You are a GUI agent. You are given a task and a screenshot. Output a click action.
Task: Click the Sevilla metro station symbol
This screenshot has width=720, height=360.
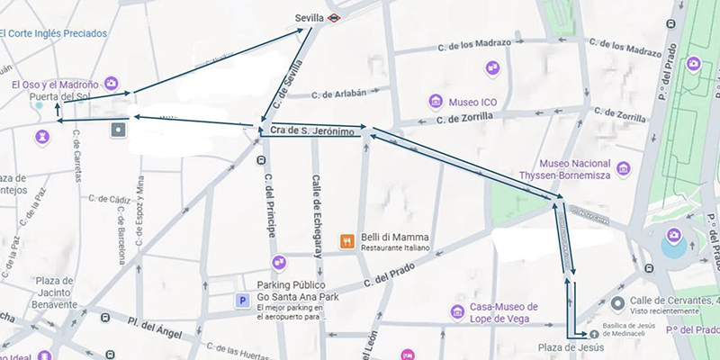click(x=334, y=17)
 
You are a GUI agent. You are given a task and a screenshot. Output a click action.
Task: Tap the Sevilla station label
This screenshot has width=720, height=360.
click(x=309, y=17)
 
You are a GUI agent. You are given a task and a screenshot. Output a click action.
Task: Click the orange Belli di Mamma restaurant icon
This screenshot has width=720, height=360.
click(x=346, y=241)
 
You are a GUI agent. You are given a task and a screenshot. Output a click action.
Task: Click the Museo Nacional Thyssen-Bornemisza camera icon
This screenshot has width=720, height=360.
click(x=622, y=166)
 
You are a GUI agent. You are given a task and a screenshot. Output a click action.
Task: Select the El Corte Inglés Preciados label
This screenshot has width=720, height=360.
click(x=54, y=34)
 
